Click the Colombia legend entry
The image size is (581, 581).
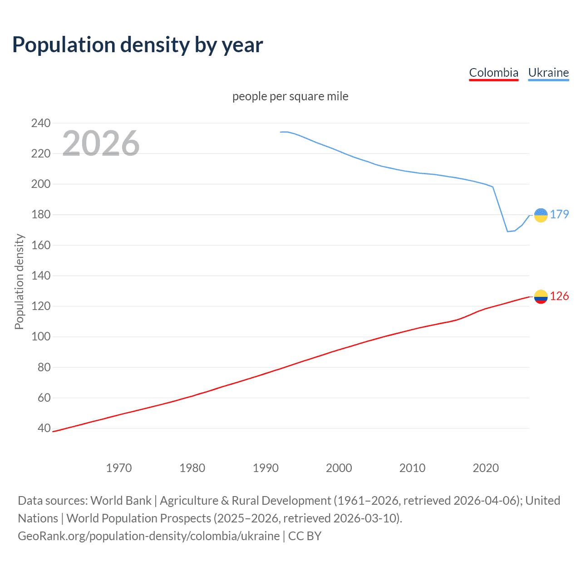point(493,73)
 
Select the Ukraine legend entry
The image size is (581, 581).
point(548,73)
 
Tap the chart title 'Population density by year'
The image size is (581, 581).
point(138,45)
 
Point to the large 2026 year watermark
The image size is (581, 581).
point(101,143)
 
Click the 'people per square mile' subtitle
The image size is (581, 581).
point(290,96)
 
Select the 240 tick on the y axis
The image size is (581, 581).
point(41,123)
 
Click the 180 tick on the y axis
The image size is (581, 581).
point(41,215)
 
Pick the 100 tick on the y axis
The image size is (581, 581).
point(41,337)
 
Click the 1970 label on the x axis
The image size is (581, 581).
point(119,468)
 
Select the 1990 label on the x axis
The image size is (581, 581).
point(266,468)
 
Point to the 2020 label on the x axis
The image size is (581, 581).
point(486,468)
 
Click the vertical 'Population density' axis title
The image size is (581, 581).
point(19,281)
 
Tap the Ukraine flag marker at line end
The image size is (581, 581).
point(541,215)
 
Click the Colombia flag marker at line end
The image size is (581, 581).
point(541,297)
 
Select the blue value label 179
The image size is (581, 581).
point(559,214)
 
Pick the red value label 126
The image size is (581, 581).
point(559,296)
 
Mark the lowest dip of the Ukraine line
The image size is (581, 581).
point(508,231)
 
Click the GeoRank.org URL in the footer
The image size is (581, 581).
point(149,536)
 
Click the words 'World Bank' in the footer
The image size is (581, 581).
point(121,501)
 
